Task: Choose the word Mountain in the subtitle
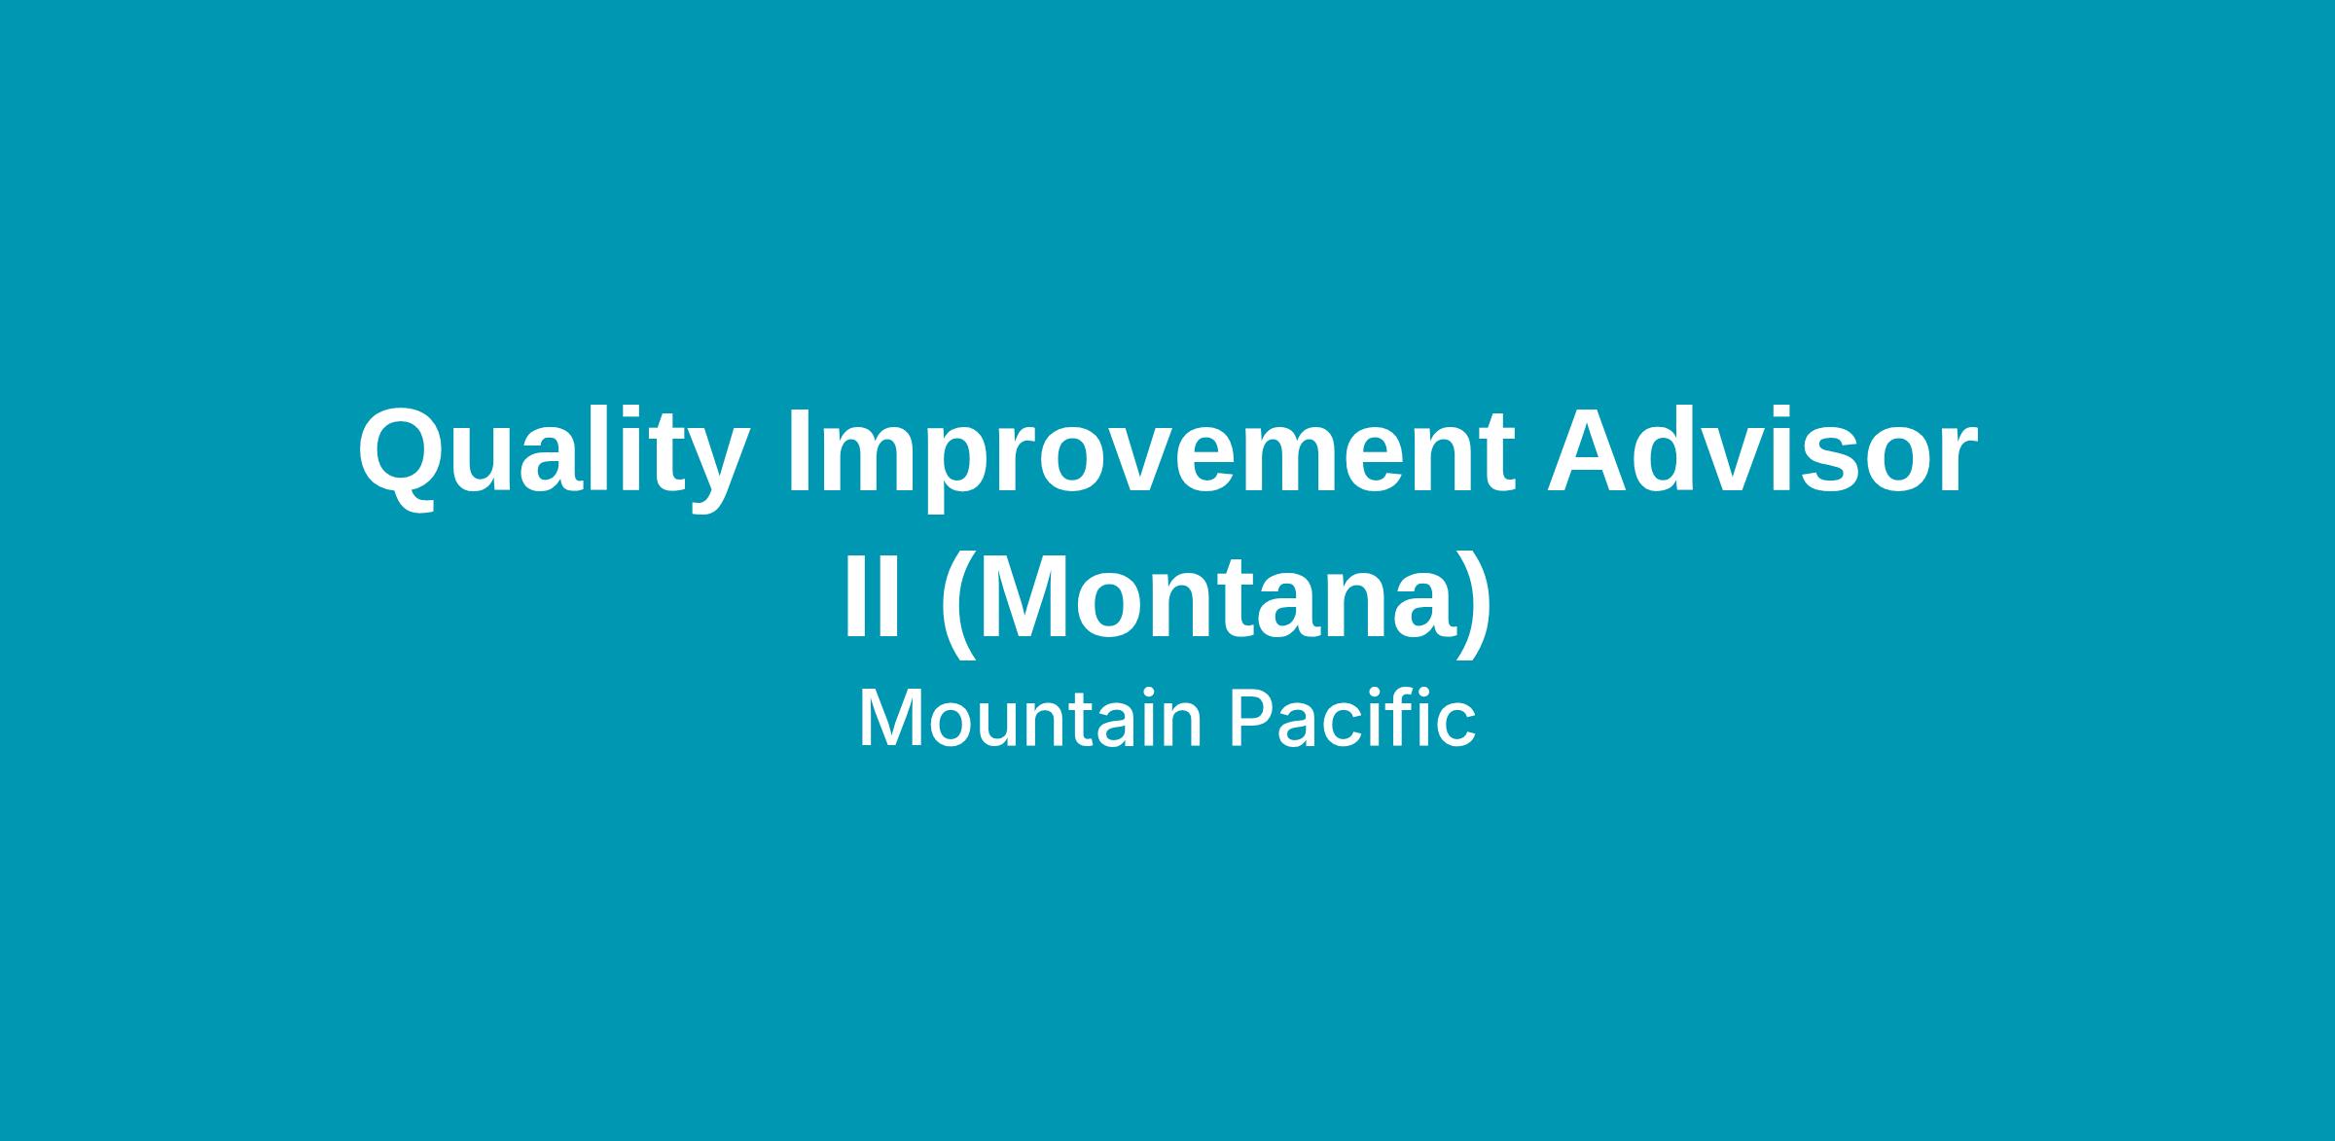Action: (x=1031, y=719)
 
